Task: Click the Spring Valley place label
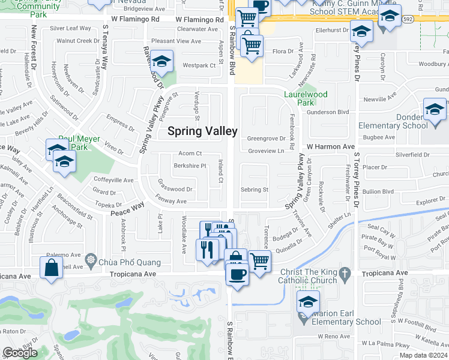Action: coord(202,131)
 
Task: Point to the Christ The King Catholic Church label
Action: coord(313,278)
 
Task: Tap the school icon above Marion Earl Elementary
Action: coord(308,301)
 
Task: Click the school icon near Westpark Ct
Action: coord(161,61)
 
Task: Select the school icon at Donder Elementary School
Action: coord(434,110)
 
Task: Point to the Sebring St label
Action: coord(254,190)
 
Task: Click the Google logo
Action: coord(20,353)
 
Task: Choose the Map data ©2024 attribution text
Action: coord(423,355)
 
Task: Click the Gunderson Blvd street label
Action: coord(328,112)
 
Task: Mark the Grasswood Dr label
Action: coord(175,189)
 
